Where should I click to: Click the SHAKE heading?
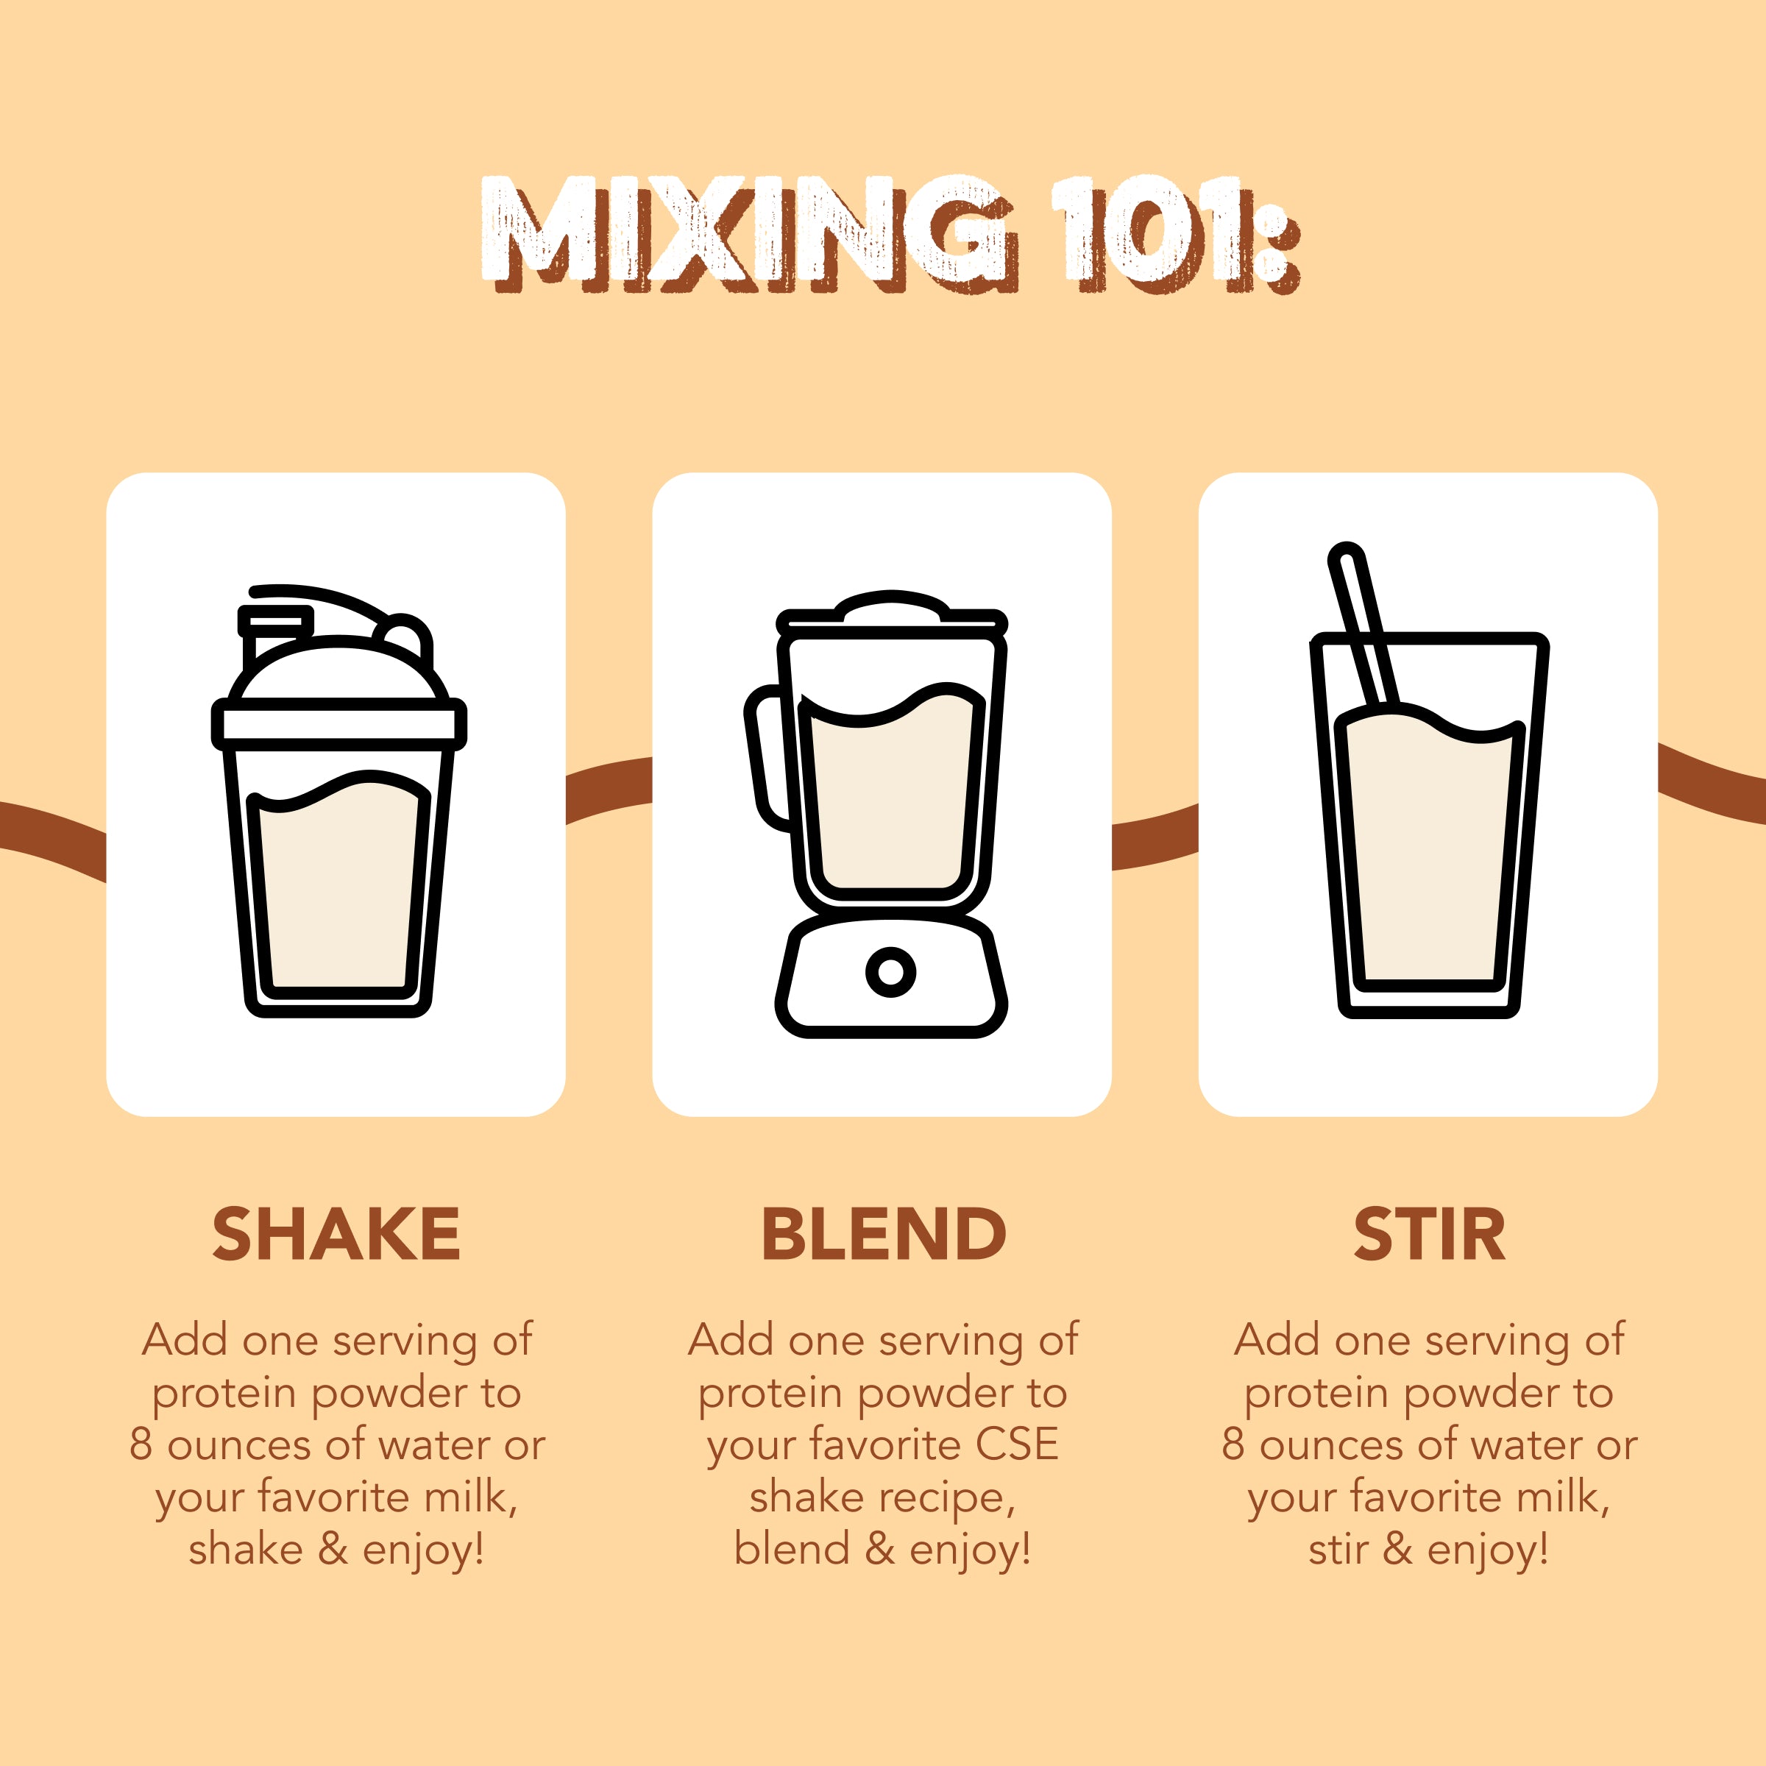[x=336, y=1234]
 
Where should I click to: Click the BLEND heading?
[x=883, y=1234]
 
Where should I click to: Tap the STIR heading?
[x=1429, y=1234]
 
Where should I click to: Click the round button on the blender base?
[x=890, y=971]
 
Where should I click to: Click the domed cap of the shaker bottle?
[x=338, y=672]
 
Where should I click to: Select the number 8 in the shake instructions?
[x=141, y=1445]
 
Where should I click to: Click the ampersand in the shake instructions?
[x=333, y=1550]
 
